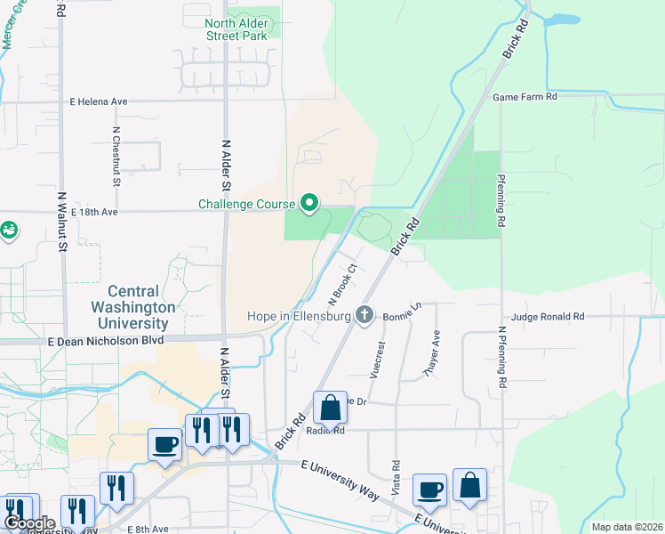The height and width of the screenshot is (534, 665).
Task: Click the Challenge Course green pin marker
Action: pos(308,204)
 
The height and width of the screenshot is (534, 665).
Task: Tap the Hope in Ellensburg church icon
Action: pos(364,314)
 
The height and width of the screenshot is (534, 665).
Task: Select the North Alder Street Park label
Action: pos(236,29)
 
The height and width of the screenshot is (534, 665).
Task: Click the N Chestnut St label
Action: pos(116,157)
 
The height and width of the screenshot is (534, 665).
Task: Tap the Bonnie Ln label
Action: pos(402,314)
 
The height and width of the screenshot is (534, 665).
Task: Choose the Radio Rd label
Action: pos(324,430)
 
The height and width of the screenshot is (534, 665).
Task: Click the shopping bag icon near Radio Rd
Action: pos(330,409)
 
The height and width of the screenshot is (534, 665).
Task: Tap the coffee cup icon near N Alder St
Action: pos(164,444)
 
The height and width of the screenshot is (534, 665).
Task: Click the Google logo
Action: pos(29,523)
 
